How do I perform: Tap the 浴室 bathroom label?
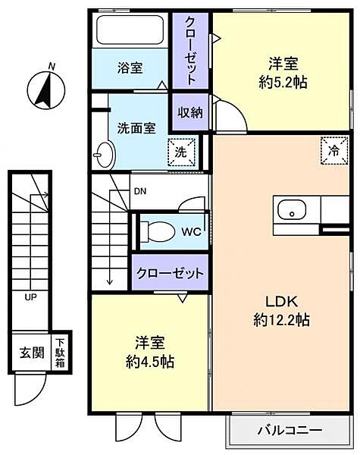tap(130, 67)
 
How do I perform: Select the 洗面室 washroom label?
tap(136, 127)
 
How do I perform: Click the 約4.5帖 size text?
tap(149, 362)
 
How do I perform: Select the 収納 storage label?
tap(189, 112)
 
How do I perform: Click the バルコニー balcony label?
tap(290, 430)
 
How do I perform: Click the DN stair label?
tap(140, 192)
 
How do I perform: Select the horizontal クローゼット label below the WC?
tap(170, 273)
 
